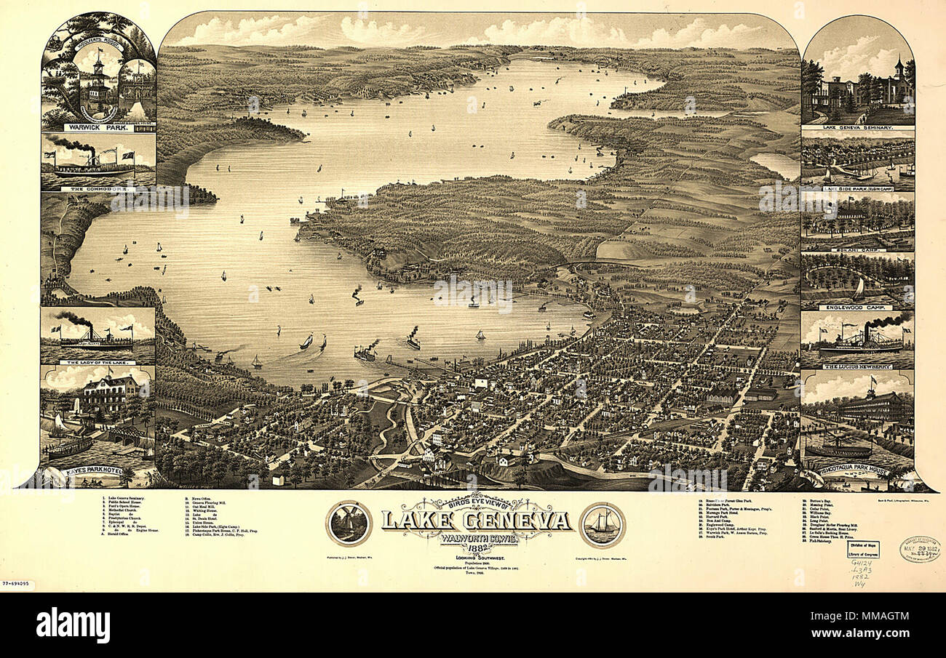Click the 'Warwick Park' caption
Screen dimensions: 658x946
(x=98, y=127)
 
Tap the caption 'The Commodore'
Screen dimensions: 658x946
(x=98, y=188)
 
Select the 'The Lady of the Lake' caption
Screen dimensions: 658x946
(x=98, y=361)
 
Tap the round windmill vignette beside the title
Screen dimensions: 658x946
(x=349, y=523)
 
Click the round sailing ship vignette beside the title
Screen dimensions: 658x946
(x=602, y=524)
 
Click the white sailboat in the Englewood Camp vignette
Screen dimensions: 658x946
(x=859, y=289)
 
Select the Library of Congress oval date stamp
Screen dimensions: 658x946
(x=918, y=549)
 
